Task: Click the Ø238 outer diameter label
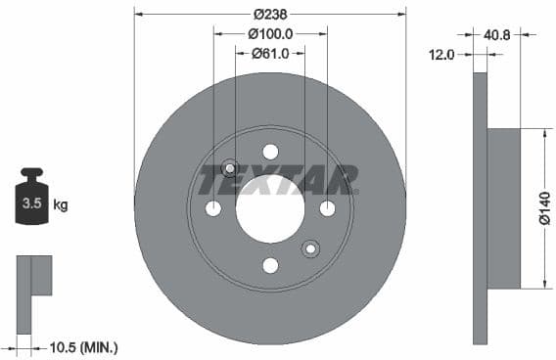tap(269, 15)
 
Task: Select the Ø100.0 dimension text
tap(270, 34)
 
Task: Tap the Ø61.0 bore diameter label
tap(270, 54)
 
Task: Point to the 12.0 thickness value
tap(442, 55)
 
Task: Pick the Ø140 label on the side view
tap(544, 207)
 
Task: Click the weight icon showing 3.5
tap(31, 201)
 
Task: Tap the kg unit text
tap(61, 205)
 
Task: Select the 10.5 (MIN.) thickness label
tap(82, 347)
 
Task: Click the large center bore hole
tap(270, 208)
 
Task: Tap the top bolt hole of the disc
tap(270, 151)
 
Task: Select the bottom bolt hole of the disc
tap(270, 265)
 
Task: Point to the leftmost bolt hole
tap(213, 208)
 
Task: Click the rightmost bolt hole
tap(327, 208)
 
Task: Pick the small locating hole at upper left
tap(230, 167)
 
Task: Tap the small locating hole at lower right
tap(310, 248)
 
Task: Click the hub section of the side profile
tap(503, 208)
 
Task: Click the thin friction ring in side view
tap(480, 208)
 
